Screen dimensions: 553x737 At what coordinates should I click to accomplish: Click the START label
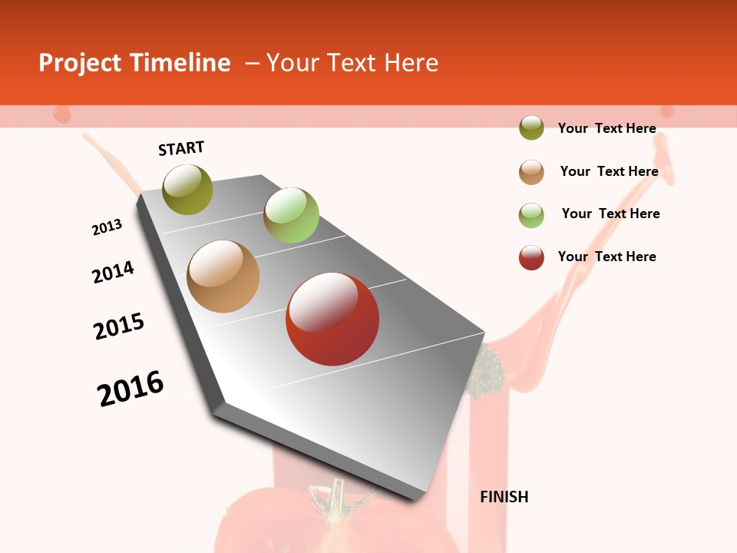181,148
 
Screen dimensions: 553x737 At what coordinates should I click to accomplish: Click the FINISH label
504,497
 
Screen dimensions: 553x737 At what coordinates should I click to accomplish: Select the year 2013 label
107,227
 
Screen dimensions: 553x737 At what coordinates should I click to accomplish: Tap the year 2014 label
113,272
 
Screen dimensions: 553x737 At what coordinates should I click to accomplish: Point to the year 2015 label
119,326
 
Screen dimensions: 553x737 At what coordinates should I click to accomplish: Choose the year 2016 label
131,388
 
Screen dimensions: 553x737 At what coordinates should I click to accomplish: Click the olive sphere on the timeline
188,189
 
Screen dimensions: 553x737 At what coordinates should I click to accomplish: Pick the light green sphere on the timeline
291,214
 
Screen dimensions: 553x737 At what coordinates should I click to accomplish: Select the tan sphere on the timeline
223,276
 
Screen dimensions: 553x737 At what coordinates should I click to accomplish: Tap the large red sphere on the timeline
332,319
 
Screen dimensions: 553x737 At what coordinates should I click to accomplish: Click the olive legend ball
531,127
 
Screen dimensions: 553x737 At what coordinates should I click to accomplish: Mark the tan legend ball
531,172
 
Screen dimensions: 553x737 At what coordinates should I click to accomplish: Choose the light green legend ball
531,215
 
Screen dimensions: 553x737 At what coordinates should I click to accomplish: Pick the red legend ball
531,257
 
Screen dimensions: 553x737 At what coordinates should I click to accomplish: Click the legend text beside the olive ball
606,128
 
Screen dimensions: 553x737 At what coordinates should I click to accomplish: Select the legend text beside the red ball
606,257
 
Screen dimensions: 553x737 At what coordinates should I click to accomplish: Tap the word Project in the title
81,63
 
